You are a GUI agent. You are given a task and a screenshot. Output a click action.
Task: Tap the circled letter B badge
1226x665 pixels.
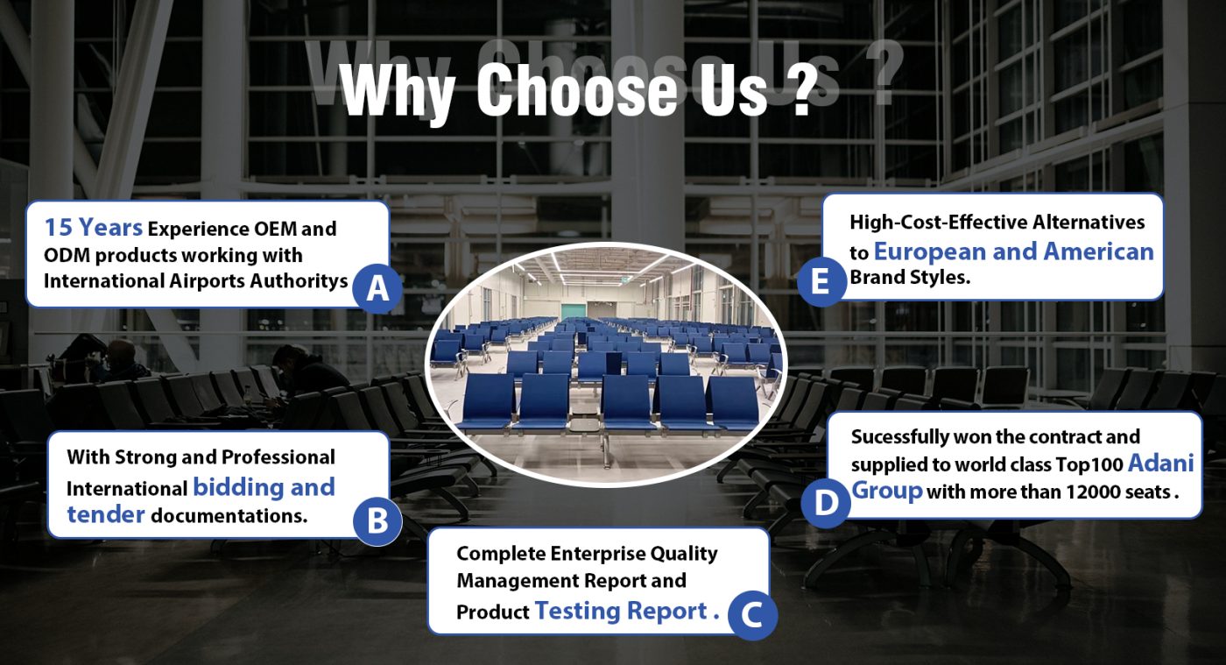click(x=377, y=520)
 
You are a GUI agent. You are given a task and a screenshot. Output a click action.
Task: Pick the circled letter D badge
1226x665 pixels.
click(x=826, y=503)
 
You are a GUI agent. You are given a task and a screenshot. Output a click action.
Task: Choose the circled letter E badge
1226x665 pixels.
click(x=821, y=282)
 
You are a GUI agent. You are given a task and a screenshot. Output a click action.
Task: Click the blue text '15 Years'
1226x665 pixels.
click(x=93, y=227)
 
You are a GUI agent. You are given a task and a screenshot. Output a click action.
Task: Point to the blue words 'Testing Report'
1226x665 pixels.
click(x=621, y=611)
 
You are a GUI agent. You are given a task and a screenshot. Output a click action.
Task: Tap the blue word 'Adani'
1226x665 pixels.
click(x=1161, y=463)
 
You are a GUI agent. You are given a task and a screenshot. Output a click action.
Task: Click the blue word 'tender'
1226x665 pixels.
click(x=106, y=514)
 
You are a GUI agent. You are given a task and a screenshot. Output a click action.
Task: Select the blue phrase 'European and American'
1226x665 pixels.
click(x=1014, y=251)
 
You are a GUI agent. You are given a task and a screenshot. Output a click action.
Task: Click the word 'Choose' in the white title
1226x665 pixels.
click(x=577, y=88)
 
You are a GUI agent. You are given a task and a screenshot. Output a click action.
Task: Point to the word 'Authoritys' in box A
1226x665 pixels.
click(x=299, y=281)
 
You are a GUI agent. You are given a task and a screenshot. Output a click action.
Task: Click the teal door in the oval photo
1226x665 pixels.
click(x=573, y=311)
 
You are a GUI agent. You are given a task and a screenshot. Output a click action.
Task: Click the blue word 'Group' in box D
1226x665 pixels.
click(x=887, y=490)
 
